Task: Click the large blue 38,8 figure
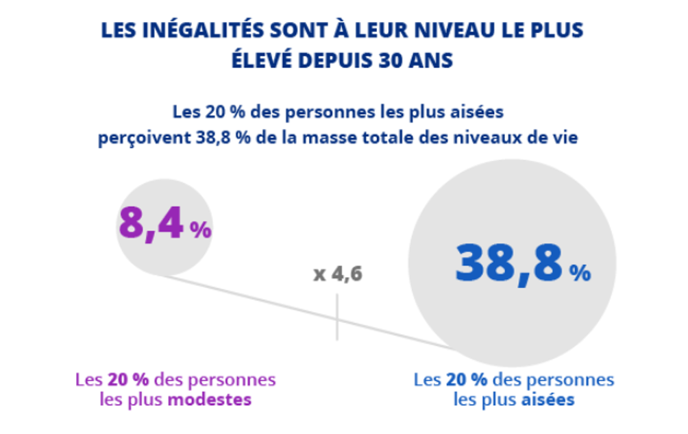click(509, 263)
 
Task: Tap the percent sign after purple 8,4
click(201, 230)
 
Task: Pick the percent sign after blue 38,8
click(580, 272)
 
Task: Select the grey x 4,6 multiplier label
click(338, 274)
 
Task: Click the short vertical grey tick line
click(337, 317)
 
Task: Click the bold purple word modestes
click(210, 400)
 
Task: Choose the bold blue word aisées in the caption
click(548, 400)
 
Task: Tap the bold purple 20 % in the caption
click(128, 380)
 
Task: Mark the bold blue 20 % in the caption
click(467, 380)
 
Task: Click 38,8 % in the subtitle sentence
click(223, 138)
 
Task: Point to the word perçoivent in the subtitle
click(145, 138)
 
